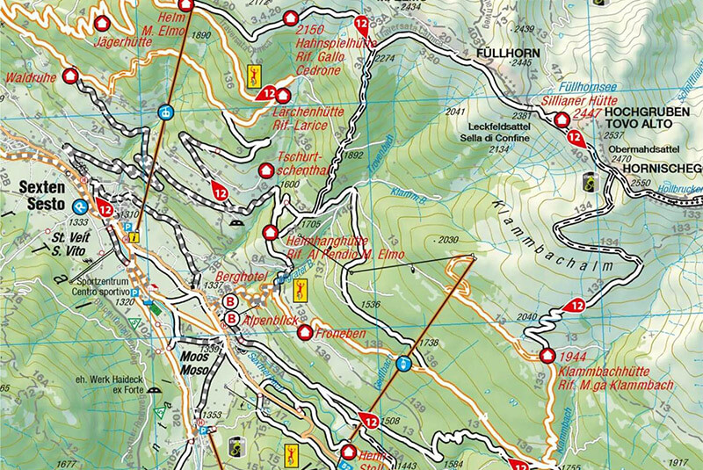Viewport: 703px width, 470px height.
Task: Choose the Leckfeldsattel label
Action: [498, 127]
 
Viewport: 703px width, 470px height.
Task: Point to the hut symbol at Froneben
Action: [305, 332]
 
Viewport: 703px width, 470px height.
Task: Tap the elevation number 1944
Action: [573, 358]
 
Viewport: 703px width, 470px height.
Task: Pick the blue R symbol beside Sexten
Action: [80, 206]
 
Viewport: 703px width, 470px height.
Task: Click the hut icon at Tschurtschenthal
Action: [267, 170]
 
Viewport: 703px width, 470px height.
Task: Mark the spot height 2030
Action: [449, 240]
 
